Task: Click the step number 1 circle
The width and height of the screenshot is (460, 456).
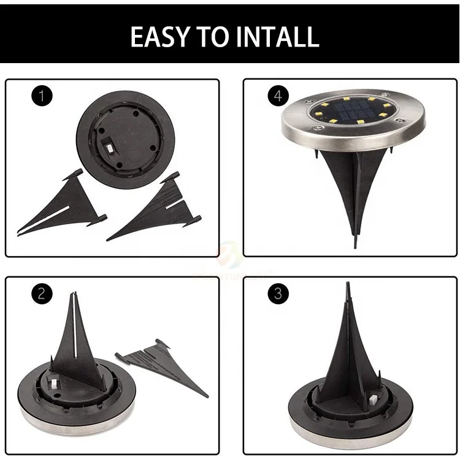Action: [42, 96]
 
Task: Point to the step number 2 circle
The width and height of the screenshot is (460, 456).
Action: [42, 294]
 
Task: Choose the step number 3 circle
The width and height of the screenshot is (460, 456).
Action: [278, 294]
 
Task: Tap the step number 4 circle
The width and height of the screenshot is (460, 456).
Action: [278, 96]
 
